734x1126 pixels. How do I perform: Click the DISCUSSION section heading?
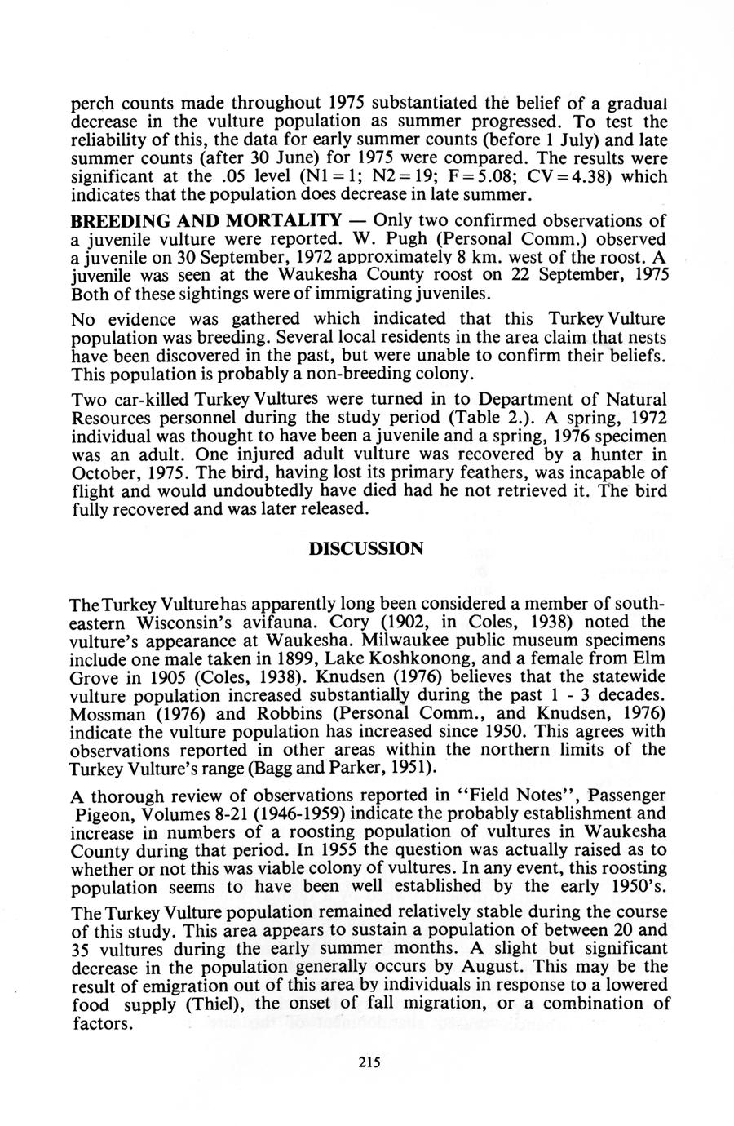366,547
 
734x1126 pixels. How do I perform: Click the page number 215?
369,1062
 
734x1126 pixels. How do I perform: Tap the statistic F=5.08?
536,177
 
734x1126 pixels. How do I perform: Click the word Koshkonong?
501,658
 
